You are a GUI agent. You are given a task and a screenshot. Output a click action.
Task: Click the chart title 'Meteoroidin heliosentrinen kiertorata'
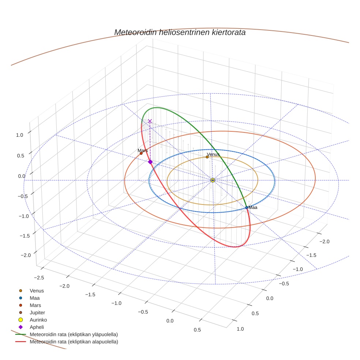[180, 32]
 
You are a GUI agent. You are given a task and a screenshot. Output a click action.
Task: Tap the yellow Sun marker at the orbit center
[213, 180]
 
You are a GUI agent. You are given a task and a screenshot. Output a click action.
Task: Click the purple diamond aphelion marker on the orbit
[150, 162]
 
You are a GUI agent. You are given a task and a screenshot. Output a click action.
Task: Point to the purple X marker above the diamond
[150, 121]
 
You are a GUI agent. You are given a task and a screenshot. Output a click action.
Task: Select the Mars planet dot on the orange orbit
[141, 153]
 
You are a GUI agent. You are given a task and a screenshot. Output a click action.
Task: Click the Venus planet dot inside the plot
[207, 157]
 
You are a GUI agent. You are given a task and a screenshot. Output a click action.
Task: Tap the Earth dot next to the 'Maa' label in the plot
[247, 207]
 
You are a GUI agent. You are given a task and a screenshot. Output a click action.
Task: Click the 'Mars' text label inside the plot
[143, 150]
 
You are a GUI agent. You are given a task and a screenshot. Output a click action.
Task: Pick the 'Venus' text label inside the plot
[213, 154]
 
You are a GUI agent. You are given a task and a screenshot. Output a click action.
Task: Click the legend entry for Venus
[37, 290]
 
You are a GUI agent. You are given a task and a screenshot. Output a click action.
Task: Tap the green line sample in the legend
[20, 334]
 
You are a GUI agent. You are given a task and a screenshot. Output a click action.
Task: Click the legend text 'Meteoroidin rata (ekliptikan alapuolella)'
[74, 342]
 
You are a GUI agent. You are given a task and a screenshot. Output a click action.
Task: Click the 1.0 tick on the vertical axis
[19, 135]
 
